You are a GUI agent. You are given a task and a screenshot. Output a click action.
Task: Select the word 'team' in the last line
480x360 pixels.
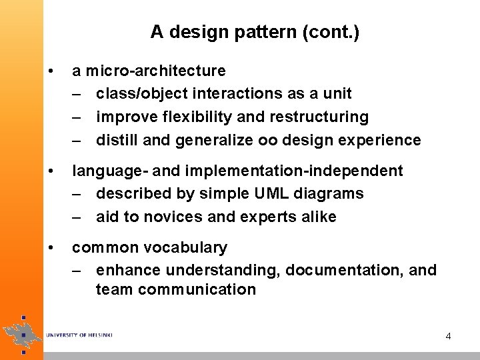pyautogui.click(x=112, y=289)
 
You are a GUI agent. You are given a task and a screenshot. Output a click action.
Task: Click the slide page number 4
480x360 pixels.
pyautogui.click(x=448, y=336)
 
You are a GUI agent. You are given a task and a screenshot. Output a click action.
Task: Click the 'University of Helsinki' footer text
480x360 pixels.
pyautogui.click(x=79, y=335)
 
